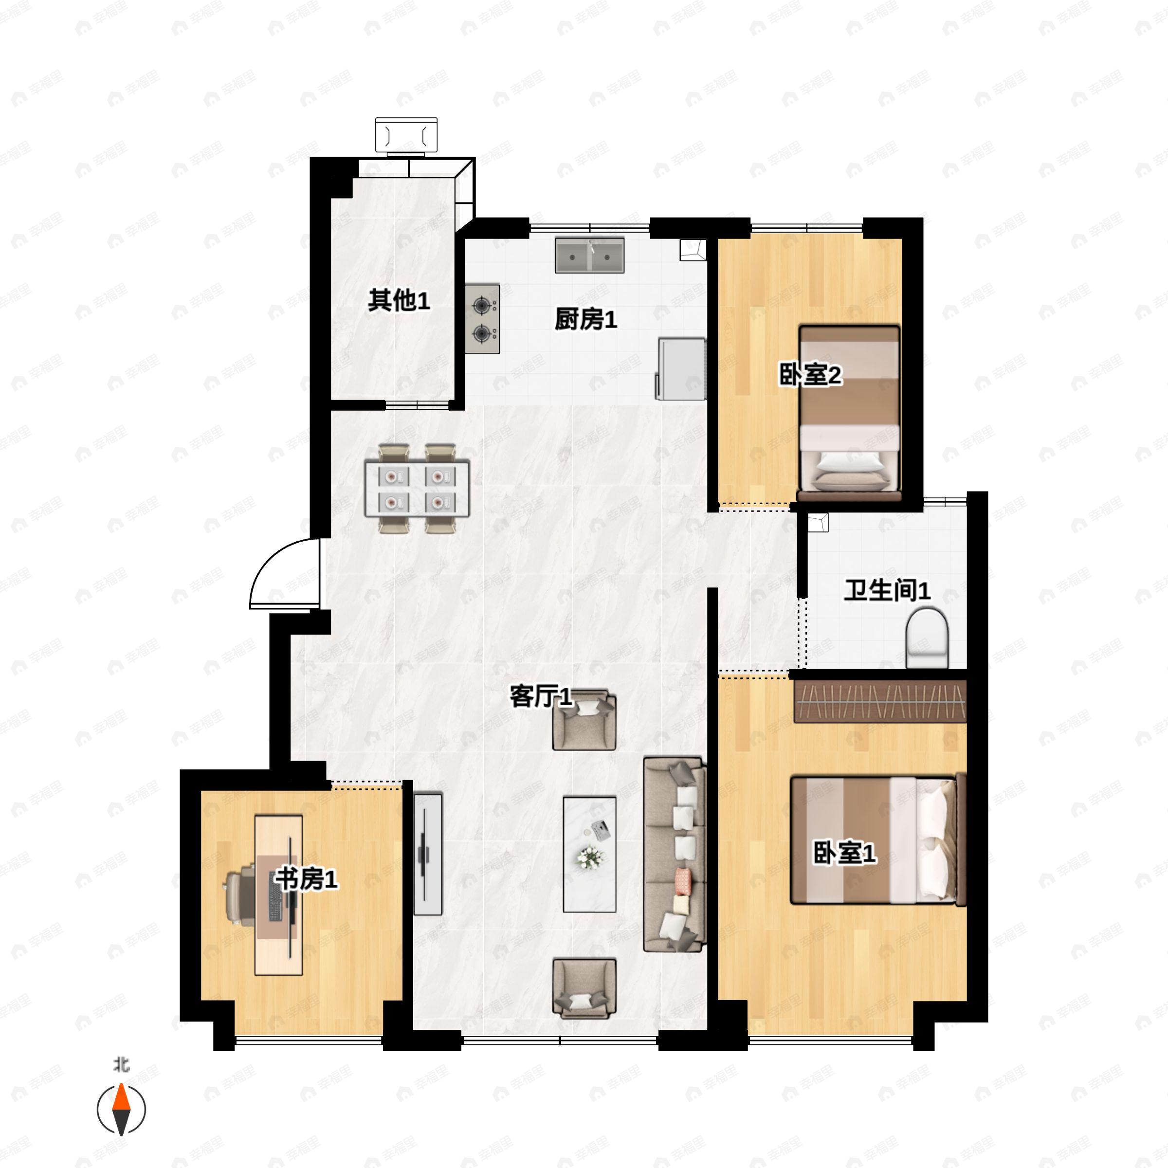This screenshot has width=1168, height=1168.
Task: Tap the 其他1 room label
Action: pyautogui.click(x=399, y=300)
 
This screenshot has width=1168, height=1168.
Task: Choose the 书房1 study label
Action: pyautogui.click(x=306, y=879)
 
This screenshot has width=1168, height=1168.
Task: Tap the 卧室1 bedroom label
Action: pyautogui.click(x=844, y=853)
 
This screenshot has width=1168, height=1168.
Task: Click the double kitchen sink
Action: pyautogui.click(x=589, y=255)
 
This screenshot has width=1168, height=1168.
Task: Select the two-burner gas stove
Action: pyautogui.click(x=482, y=319)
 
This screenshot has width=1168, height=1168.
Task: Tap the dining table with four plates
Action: pyautogui.click(x=417, y=489)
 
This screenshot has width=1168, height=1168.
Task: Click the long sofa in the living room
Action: pyautogui.click(x=674, y=854)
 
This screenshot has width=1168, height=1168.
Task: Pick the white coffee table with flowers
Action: pyautogui.click(x=589, y=854)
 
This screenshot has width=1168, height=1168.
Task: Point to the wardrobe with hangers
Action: pyautogui.click(x=880, y=701)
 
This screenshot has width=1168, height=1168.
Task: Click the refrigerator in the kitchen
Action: pyautogui.click(x=681, y=369)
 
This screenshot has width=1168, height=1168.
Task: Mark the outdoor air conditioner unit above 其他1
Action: pyautogui.click(x=406, y=134)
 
